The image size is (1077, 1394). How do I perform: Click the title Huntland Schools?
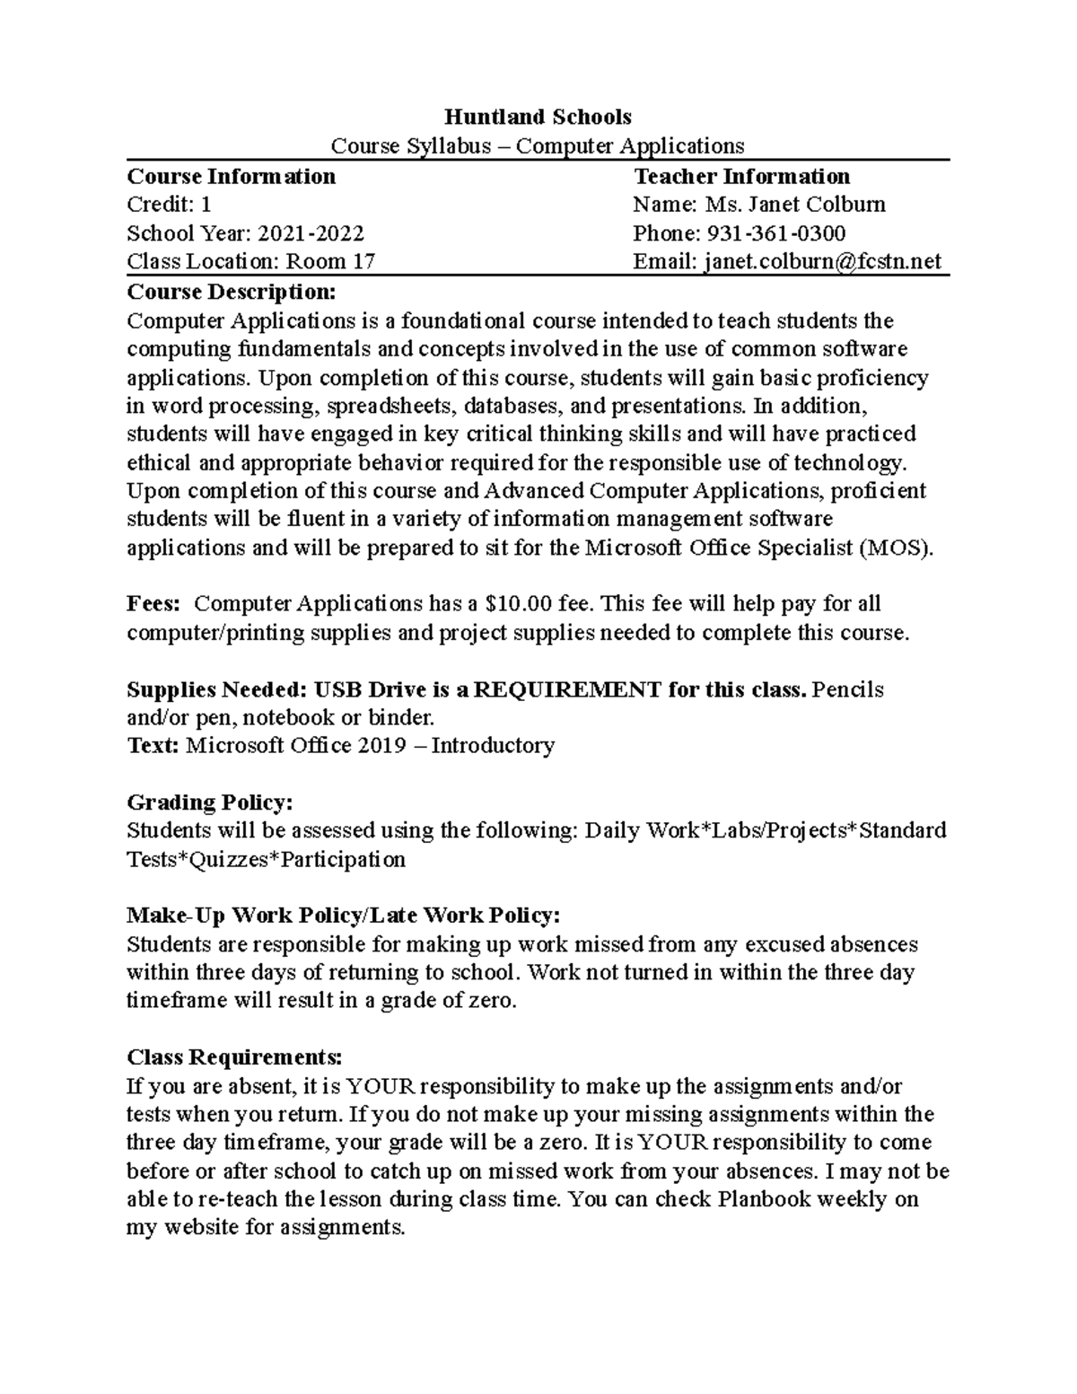click(x=538, y=117)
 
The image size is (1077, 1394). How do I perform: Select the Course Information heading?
click(x=231, y=176)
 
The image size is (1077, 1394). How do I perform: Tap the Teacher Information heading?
click(x=741, y=176)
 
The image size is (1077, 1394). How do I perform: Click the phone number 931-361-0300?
click(x=776, y=233)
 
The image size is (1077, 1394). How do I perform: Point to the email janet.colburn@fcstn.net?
click(x=823, y=261)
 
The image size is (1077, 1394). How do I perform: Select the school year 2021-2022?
click(x=311, y=233)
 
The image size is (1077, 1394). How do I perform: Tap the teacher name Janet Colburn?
click(x=817, y=205)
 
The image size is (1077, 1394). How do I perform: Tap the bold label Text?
click(x=153, y=746)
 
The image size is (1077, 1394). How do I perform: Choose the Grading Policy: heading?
click(x=210, y=802)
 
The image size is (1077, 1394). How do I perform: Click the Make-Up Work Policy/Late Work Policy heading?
click(x=344, y=915)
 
